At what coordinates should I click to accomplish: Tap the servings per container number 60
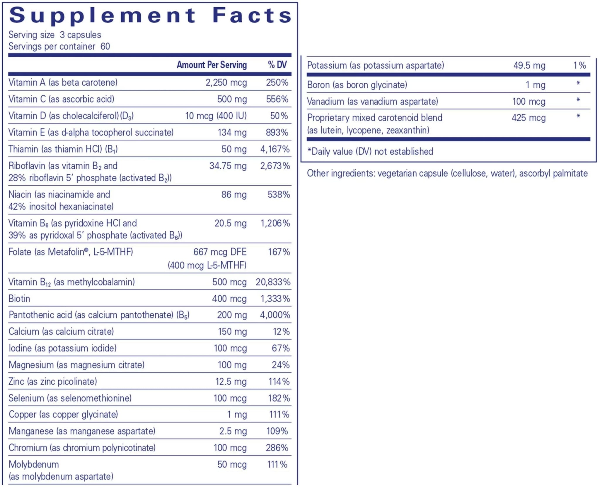click(105, 46)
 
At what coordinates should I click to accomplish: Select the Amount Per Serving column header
click(212, 65)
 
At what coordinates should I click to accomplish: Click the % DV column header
click(277, 65)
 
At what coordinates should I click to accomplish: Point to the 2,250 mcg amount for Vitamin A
click(226, 82)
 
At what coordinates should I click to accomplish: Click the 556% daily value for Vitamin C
click(277, 99)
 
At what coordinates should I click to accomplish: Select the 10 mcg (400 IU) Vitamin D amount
click(216, 116)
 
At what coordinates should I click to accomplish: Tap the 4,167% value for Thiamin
click(275, 149)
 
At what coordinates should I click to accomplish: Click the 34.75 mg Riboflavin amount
click(228, 166)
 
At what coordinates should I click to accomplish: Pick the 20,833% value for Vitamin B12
click(273, 282)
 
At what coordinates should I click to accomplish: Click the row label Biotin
click(19, 299)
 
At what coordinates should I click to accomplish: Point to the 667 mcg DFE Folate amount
click(220, 252)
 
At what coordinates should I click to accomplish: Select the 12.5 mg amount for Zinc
click(231, 381)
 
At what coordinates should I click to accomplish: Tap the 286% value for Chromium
click(277, 448)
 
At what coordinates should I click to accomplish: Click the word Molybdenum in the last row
click(34, 464)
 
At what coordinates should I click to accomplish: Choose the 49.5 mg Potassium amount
click(529, 65)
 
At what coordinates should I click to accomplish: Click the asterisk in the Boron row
click(578, 84)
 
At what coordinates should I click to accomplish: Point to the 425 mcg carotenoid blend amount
click(529, 118)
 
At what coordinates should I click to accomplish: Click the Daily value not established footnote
click(370, 151)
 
